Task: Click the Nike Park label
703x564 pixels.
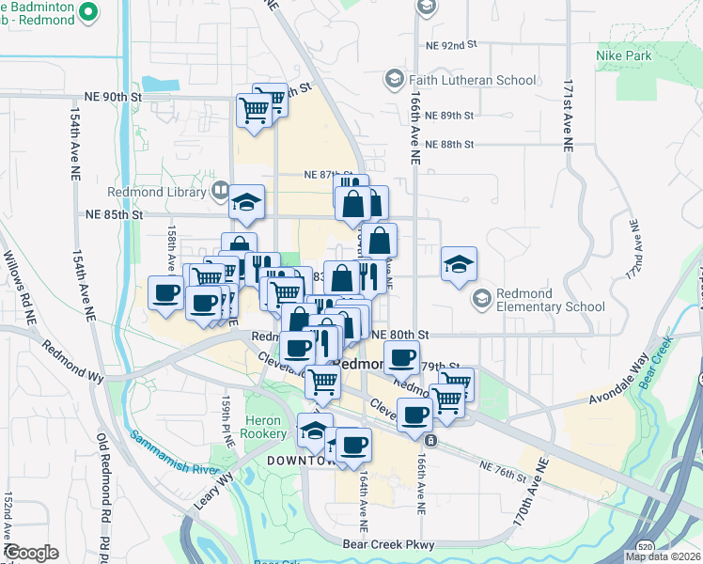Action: [x=623, y=55]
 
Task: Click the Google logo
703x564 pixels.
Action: [x=31, y=553]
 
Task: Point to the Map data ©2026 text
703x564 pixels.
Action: [x=664, y=556]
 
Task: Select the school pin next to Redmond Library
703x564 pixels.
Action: [x=246, y=202]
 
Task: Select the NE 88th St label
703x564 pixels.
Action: [x=449, y=145]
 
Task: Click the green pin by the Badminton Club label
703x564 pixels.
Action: [x=89, y=13]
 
